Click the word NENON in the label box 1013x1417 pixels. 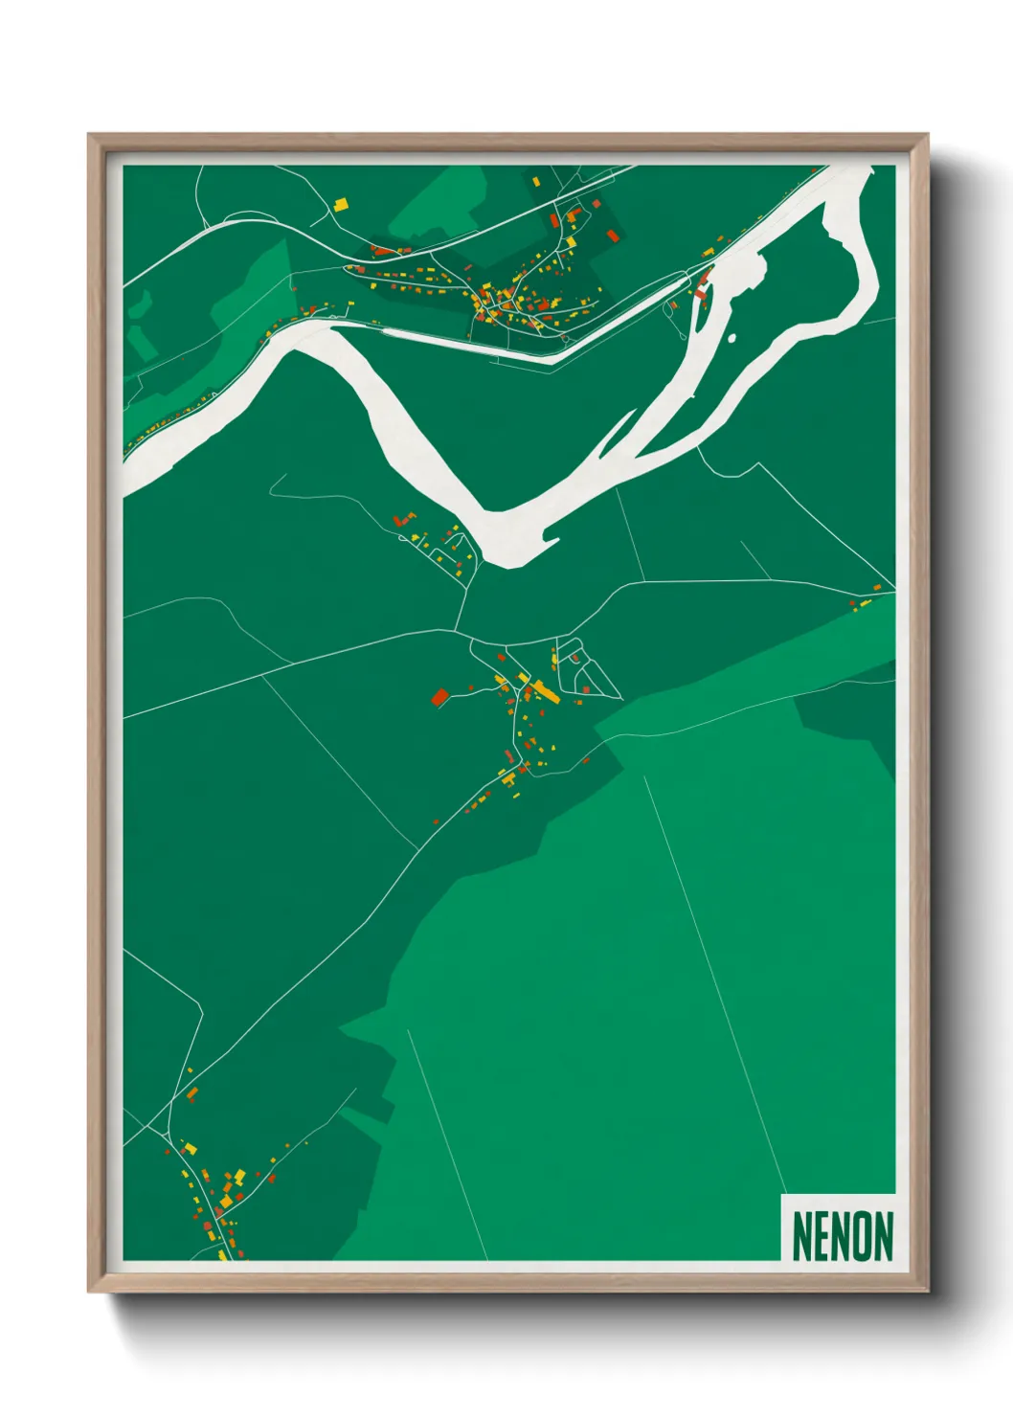pyautogui.click(x=842, y=1236)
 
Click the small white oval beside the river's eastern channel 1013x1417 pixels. pyautogui.click(x=732, y=338)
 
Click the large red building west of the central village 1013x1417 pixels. pyautogui.click(x=440, y=696)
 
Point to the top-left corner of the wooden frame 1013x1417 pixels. pyautogui.click(x=89, y=135)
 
